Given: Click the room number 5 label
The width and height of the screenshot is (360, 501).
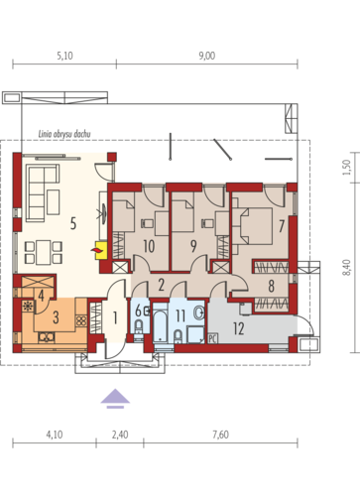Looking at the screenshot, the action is [73, 223].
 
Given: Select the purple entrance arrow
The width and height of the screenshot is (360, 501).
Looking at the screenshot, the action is [115, 399].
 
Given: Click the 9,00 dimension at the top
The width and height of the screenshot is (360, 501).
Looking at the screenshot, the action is [207, 56].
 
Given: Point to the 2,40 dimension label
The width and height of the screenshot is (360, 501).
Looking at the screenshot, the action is [120, 435].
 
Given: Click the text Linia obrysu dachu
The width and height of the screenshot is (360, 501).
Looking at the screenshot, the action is [64, 134].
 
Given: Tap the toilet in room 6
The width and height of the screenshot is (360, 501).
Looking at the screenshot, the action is [139, 328].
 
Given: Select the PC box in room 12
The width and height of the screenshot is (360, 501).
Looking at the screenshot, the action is [212, 338].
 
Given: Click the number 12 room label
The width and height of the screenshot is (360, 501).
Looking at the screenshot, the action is [239, 328].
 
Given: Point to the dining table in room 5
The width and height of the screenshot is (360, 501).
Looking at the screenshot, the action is [44, 253].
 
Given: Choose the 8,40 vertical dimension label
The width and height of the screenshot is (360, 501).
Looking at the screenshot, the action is [346, 268].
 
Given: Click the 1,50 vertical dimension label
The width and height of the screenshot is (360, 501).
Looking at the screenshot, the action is [346, 168].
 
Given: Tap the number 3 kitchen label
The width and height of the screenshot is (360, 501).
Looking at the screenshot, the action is [56, 317].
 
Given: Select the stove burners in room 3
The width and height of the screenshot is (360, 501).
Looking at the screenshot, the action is [81, 321].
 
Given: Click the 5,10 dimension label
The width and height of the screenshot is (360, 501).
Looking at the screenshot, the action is [64, 56].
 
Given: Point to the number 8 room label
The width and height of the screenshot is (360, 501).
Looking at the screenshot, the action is [271, 286].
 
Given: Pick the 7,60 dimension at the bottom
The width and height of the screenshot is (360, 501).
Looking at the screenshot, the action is [220, 435].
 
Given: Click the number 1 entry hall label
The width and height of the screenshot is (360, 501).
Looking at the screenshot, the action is [115, 317].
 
